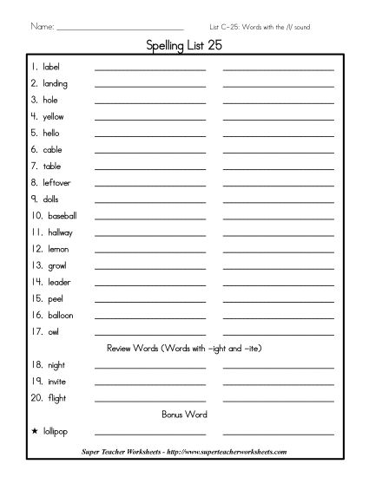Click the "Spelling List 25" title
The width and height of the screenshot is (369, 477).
184,48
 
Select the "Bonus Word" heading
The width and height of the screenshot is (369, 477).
184,415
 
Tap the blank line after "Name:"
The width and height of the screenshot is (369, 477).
119,29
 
